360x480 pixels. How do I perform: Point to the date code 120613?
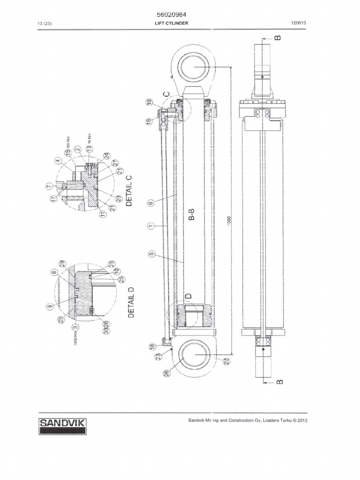click(299, 23)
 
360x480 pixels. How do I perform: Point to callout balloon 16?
click(149, 121)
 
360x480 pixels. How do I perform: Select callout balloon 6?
click(150, 203)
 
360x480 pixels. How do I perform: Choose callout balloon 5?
click(150, 255)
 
